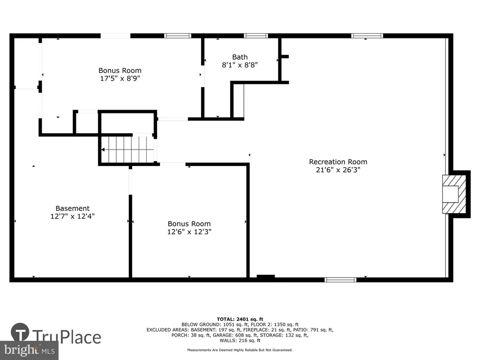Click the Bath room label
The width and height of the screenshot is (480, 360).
point(240,57)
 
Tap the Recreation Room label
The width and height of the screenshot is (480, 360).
point(338,162)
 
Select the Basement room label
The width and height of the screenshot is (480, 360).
point(73,208)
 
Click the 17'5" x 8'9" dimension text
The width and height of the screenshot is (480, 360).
point(120,78)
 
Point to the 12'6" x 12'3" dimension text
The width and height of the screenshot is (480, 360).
point(189,232)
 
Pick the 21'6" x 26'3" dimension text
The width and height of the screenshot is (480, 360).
point(338,170)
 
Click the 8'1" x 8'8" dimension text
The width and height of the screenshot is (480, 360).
point(240,65)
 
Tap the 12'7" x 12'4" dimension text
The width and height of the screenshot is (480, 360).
point(73,216)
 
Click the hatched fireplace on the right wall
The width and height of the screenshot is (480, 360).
point(454,194)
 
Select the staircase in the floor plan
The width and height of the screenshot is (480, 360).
point(127,150)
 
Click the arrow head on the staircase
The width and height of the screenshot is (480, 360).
point(103,150)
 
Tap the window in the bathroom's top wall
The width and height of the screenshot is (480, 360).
point(256,36)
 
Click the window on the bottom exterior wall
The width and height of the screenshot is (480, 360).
point(340,280)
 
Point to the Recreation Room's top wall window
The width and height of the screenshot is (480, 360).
point(367,36)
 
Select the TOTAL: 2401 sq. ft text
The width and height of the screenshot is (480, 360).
point(240,319)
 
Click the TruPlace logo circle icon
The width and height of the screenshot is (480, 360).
point(20,332)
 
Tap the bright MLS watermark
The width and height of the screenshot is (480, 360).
point(30,350)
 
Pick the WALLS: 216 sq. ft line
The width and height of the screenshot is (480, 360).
point(240,340)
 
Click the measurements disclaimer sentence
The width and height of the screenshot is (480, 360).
point(240,350)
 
